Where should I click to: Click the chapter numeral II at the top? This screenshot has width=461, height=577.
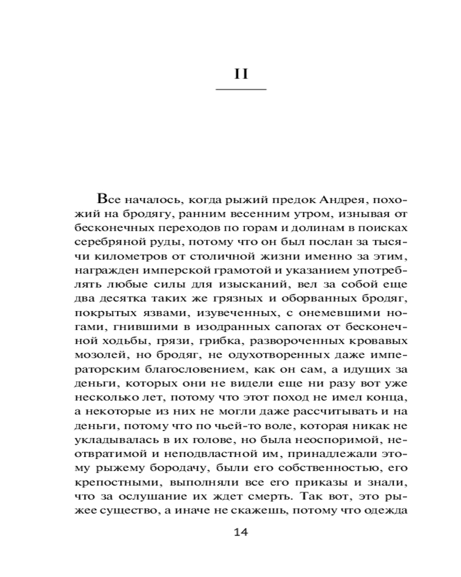point(241,74)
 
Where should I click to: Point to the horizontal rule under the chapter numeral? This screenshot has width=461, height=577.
point(241,90)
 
